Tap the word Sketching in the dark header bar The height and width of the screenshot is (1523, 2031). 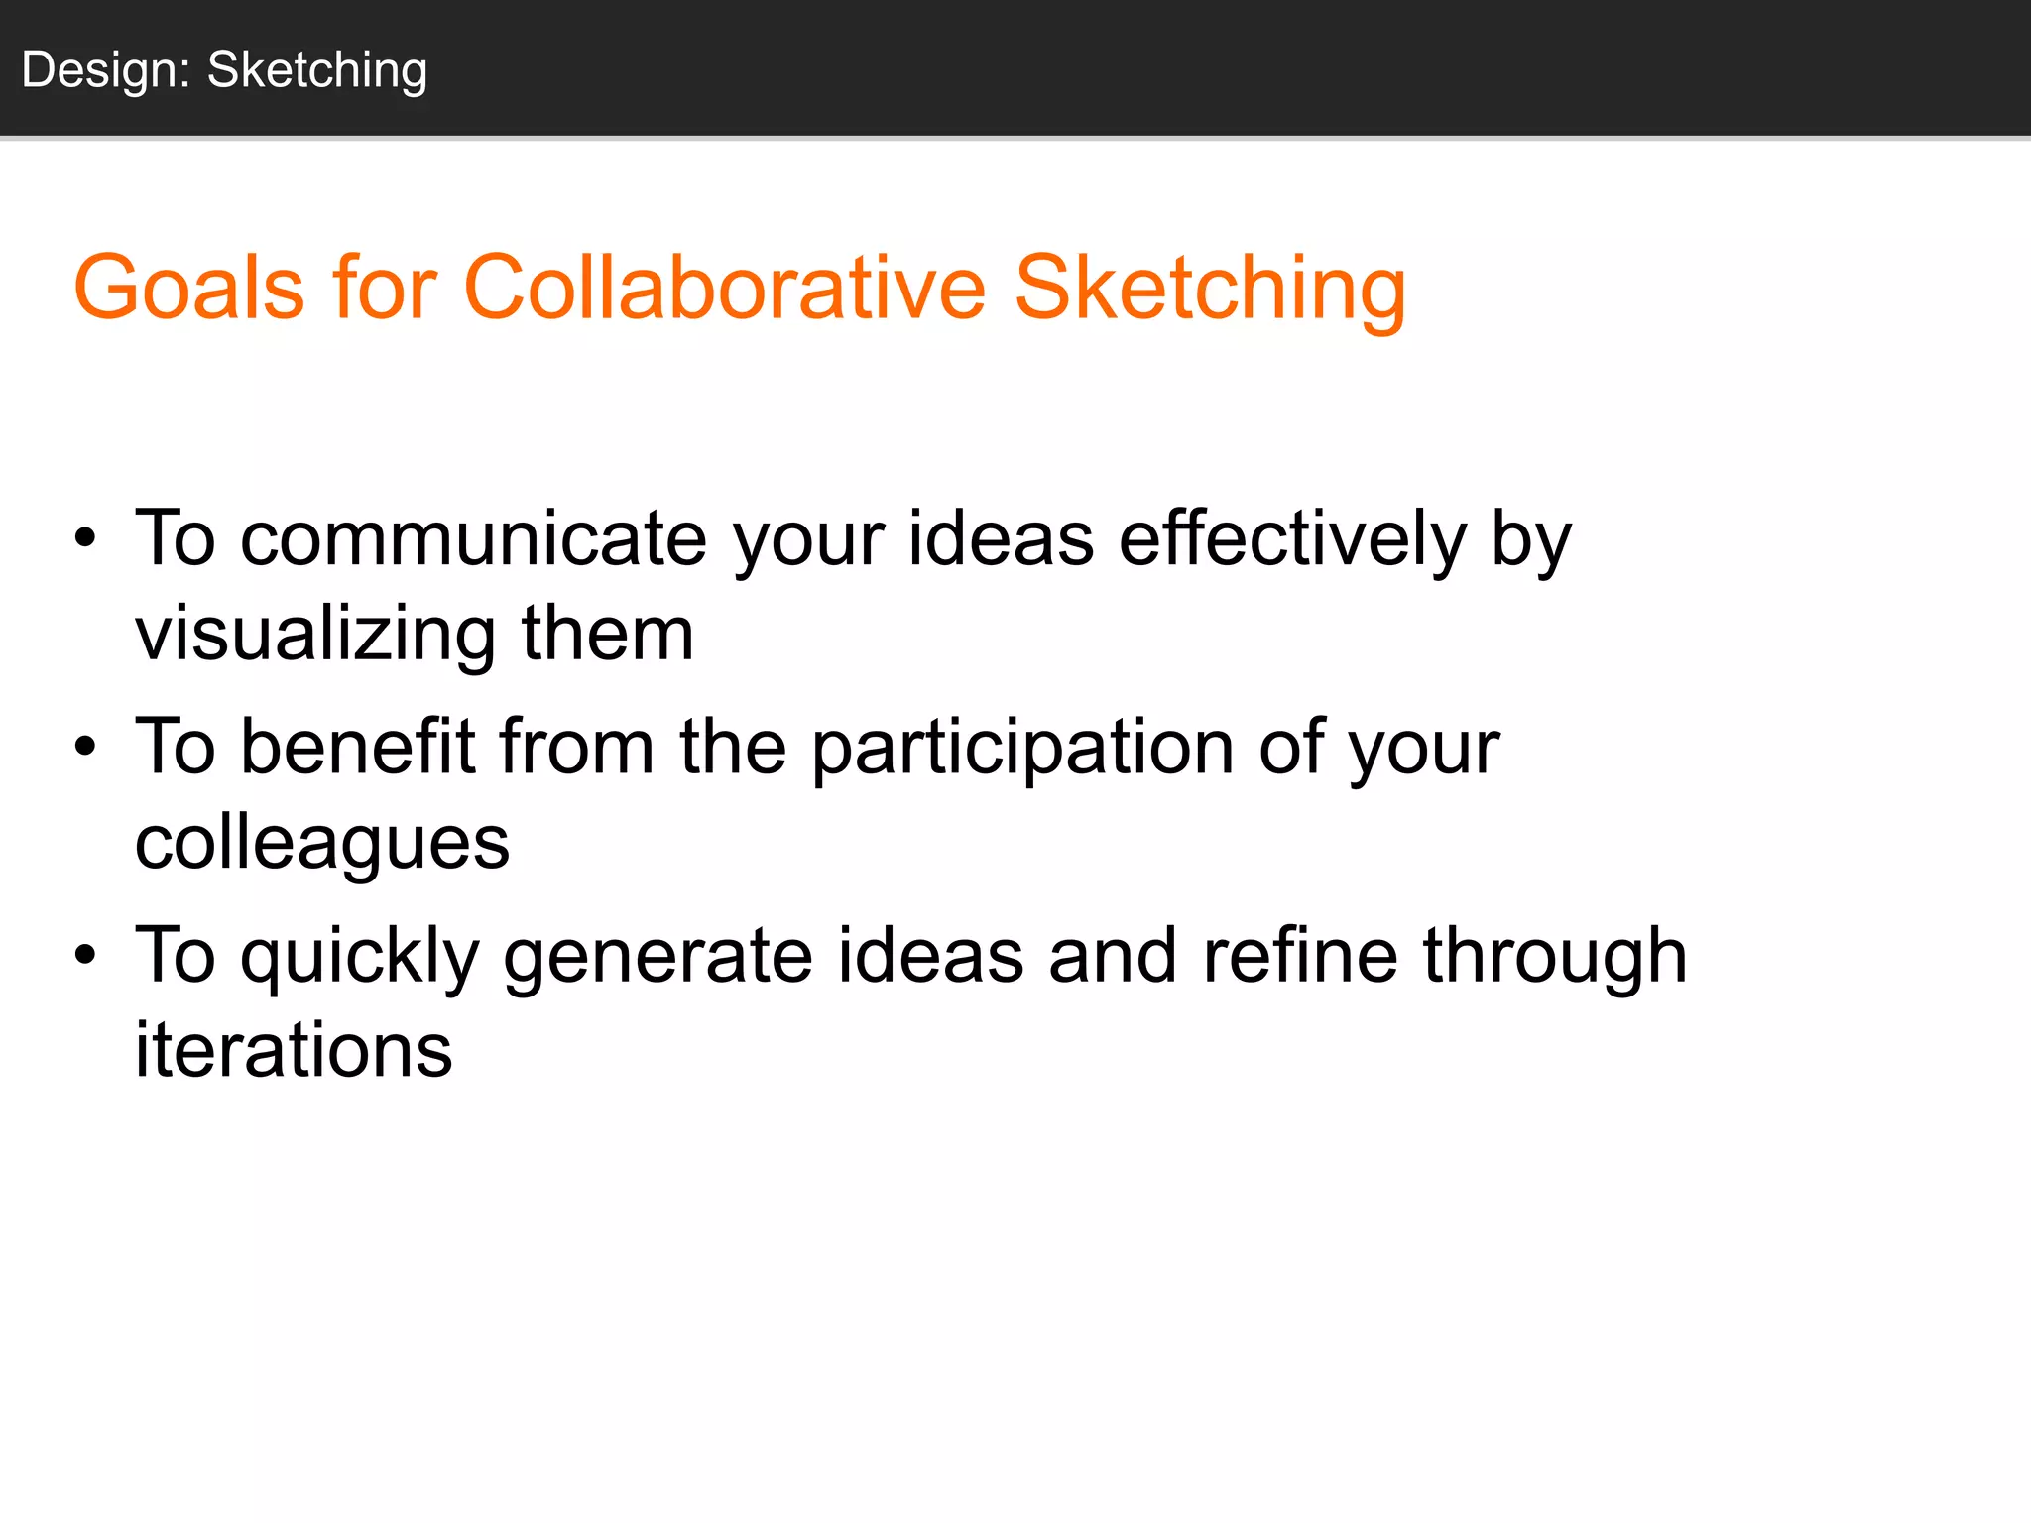[x=317, y=71]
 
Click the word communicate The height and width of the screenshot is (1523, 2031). [x=474, y=539]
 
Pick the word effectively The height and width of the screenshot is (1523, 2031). [x=1292, y=539]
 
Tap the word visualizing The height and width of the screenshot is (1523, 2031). [x=315, y=635]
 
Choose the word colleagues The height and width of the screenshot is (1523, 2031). [x=322, y=843]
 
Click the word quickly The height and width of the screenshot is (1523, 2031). [x=360, y=956]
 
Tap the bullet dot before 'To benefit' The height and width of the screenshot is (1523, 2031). [x=86, y=747]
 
